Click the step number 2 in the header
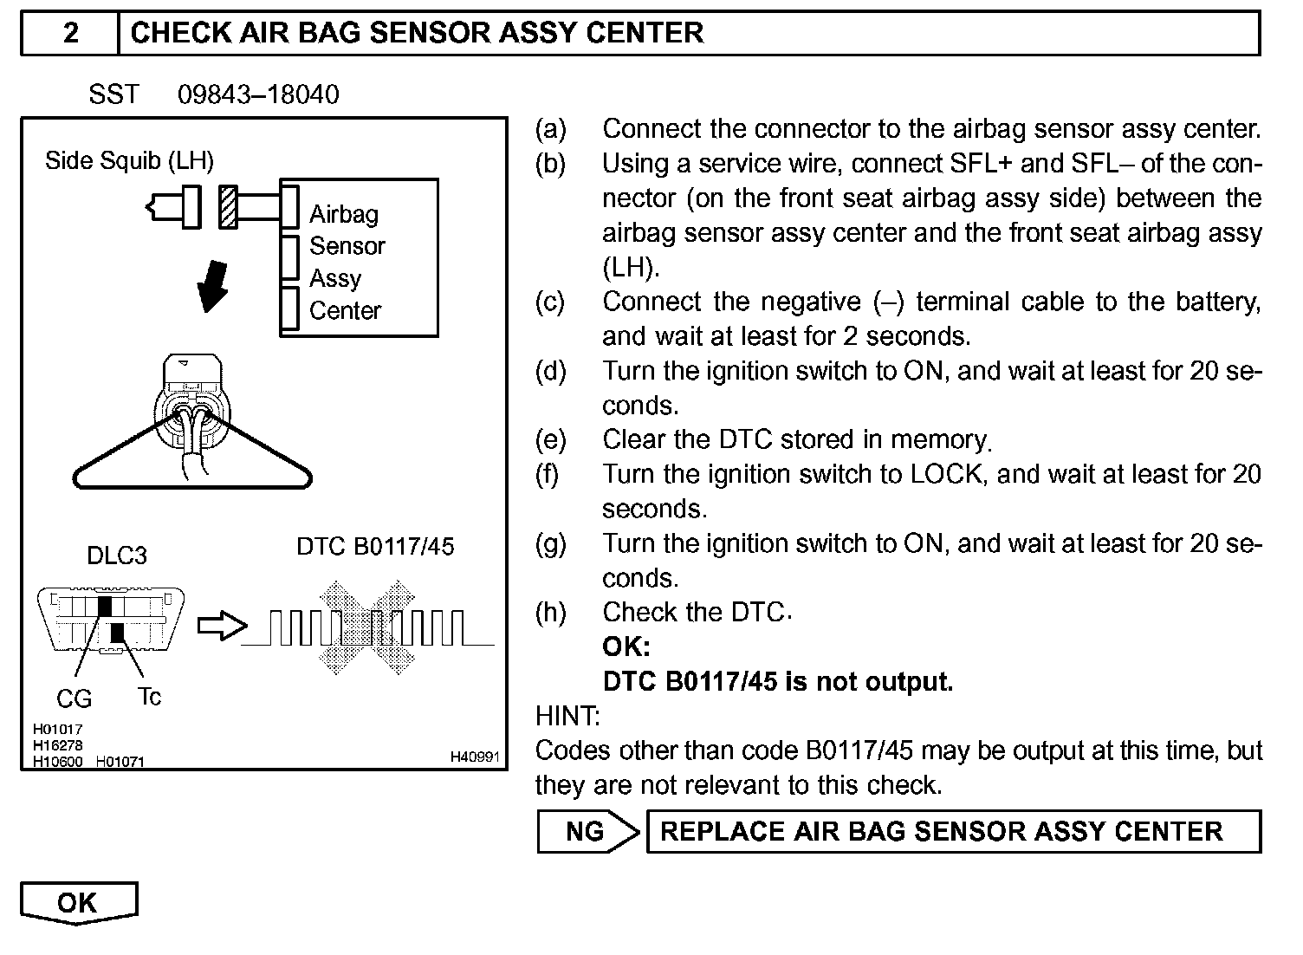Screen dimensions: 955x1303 click(x=70, y=33)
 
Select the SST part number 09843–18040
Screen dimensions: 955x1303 click(x=258, y=94)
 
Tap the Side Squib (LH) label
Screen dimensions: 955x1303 click(x=129, y=160)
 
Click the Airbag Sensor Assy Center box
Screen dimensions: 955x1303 click(x=359, y=258)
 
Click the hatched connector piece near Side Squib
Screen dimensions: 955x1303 click(x=228, y=208)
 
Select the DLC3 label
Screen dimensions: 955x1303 click(x=117, y=555)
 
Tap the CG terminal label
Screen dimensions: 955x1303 click(x=74, y=698)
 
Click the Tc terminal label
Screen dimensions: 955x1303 click(x=149, y=697)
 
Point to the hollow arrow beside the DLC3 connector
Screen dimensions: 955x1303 click(x=222, y=626)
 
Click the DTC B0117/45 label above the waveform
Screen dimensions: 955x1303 click(x=375, y=547)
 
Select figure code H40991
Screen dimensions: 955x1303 click(x=474, y=757)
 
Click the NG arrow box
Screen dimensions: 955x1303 click(x=587, y=832)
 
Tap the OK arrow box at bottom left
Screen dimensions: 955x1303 click(x=78, y=903)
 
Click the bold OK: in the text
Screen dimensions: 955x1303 click(x=626, y=647)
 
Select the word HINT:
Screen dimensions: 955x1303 click(x=567, y=717)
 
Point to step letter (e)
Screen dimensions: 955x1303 click(x=550, y=440)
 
